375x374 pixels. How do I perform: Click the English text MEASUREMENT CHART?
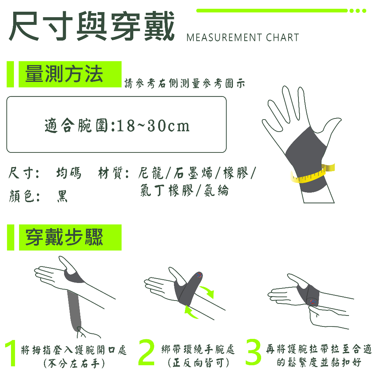[x=242, y=38]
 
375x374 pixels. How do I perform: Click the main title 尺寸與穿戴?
[x=92, y=26]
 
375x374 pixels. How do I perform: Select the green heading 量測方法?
[x=64, y=74]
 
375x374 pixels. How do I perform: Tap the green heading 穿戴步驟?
[x=64, y=237]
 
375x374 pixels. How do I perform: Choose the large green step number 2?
[x=146, y=352]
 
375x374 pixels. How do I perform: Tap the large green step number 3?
[x=253, y=352]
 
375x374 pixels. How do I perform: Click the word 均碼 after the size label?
[x=68, y=173]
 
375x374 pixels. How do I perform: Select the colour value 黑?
[x=62, y=196]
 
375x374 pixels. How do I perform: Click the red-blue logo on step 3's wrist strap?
[x=313, y=301]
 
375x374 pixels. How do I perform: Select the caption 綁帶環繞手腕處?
[x=198, y=350]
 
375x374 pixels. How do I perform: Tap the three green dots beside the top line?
[x=358, y=11]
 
